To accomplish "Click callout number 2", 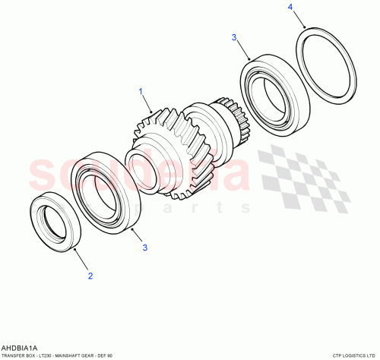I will pos(90,276).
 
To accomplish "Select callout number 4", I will pos(289,8).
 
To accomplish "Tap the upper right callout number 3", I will pos(234,36).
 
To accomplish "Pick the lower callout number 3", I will pos(144,246).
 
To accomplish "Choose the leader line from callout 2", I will pos(82,259).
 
